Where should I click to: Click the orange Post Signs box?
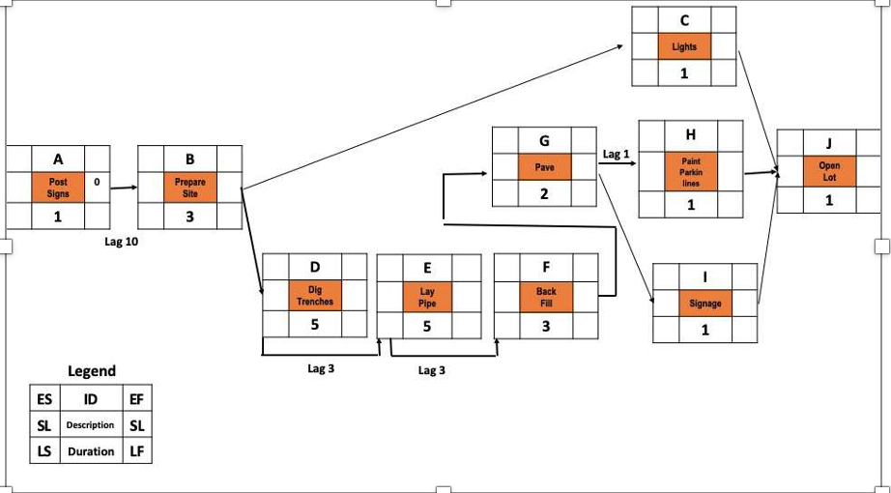[x=57, y=187]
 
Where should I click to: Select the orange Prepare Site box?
[x=189, y=187]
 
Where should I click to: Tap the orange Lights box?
[x=683, y=46]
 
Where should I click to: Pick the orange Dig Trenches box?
[x=314, y=295]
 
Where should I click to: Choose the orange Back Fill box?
[x=546, y=296]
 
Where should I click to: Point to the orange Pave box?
[x=544, y=167]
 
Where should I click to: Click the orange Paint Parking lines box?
[x=690, y=172]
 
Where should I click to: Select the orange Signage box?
[x=704, y=303]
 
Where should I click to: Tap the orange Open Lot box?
[x=828, y=172]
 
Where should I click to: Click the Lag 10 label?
[x=121, y=242]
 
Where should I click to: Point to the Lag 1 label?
[x=616, y=154]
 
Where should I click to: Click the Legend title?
[x=92, y=370]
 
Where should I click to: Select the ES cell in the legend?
[x=43, y=397]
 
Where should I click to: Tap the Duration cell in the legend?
[x=90, y=450]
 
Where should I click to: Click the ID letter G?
[x=544, y=141]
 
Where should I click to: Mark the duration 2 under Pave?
[x=544, y=194]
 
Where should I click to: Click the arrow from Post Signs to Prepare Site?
[x=123, y=188]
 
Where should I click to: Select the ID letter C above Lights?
[x=683, y=19]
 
